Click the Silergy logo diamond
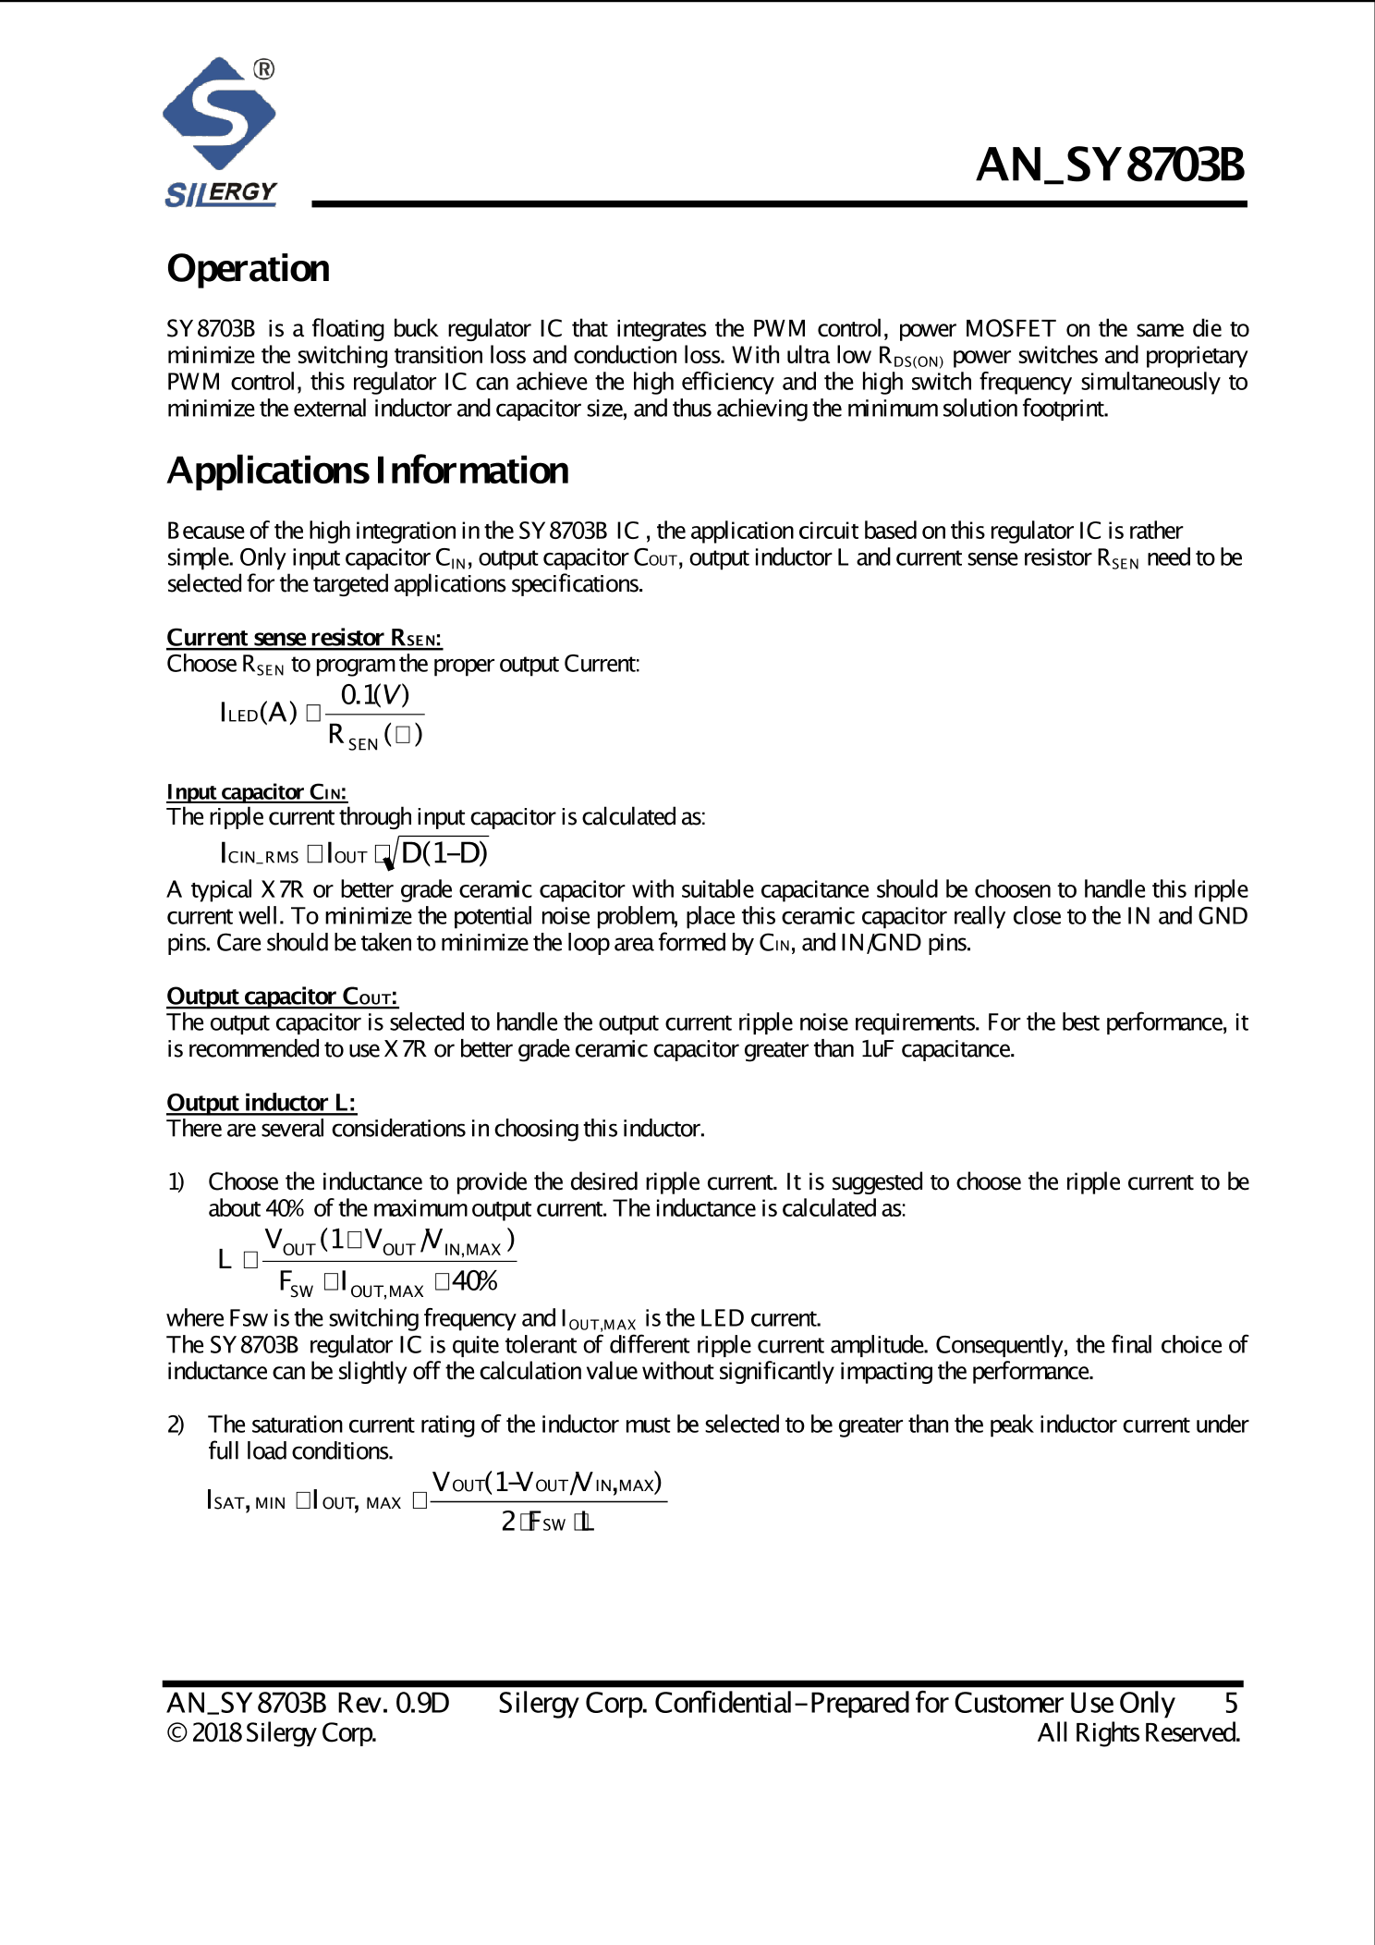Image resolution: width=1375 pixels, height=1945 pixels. click(219, 114)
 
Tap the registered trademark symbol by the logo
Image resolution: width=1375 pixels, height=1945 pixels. click(263, 69)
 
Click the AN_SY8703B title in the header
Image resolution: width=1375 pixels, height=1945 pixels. click(1110, 165)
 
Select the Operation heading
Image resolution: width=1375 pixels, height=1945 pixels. click(248, 269)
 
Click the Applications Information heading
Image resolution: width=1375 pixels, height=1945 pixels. click(368, 471)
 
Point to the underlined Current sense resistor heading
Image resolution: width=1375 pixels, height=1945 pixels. click(304, 638)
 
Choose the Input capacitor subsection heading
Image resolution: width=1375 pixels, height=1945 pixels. click(257, 792)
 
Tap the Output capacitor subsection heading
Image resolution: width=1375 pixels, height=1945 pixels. click(282, 997)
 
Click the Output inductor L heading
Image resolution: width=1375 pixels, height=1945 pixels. click(261, 1103)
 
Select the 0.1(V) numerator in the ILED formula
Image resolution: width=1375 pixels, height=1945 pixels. click(374, 695)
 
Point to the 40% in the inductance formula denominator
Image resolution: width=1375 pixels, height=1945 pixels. click(475, 1282)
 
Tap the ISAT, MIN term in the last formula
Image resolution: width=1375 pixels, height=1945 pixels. click(246, 1501)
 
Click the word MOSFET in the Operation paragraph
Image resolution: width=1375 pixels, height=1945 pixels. click(1010, 329)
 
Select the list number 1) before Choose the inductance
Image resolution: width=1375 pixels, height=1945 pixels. click(176, 1182)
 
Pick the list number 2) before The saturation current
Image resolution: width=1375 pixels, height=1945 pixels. click(176, 1425)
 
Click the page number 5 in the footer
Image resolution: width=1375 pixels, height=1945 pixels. click(1231, 1703)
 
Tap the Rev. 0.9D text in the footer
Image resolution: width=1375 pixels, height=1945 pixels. click(393, 1703)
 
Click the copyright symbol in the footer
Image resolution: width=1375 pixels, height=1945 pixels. click(176, 1732)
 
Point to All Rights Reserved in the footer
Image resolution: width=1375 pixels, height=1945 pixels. click(1138, 1732)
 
